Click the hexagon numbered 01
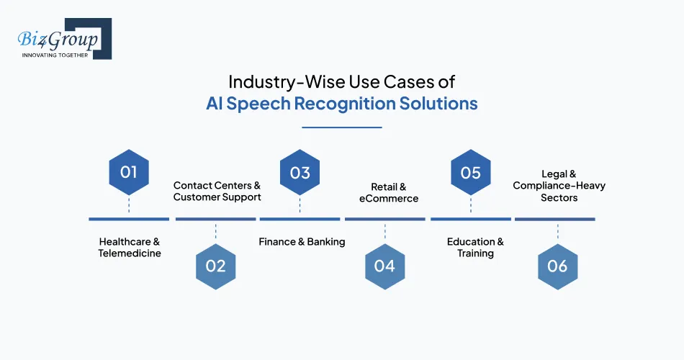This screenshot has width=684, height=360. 129,172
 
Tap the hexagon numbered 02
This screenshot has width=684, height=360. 215,266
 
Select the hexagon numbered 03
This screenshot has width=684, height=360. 300,172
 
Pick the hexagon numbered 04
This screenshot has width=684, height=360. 384,266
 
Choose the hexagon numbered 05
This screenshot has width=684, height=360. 470,172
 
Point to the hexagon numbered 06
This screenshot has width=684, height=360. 557,266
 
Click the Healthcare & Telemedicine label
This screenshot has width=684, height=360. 130,247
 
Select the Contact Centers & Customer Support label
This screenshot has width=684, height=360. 217,191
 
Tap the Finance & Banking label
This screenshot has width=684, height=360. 302,242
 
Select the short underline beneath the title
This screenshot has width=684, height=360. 341,127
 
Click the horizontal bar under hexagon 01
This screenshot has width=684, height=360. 129,218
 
